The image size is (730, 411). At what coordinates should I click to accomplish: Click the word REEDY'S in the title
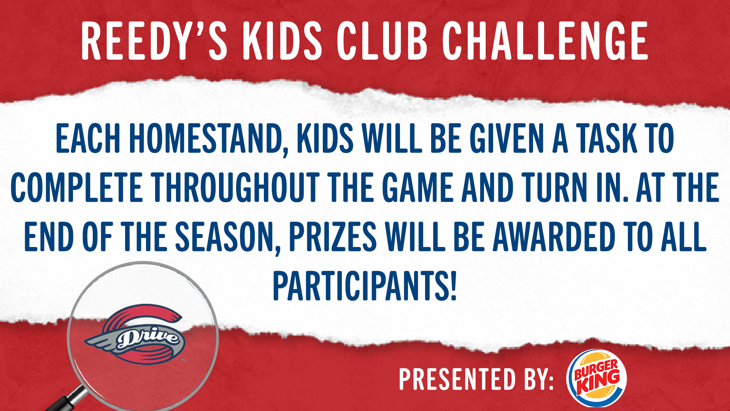click(154, 41)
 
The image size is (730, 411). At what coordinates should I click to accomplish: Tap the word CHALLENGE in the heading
click(545, 41)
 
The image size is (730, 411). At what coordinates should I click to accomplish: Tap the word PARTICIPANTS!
click(365, 286)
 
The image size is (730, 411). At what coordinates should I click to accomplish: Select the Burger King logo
click(597, 378)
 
